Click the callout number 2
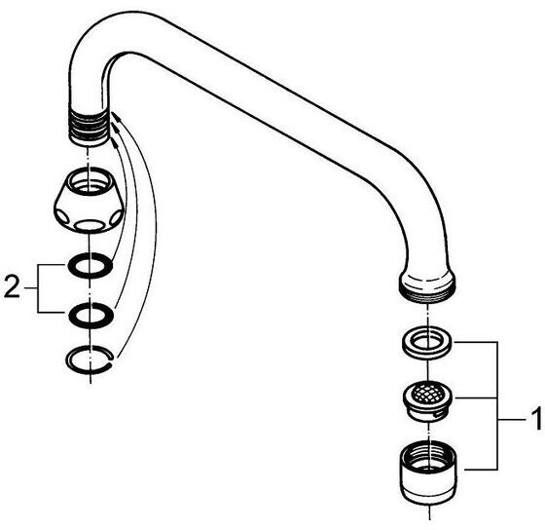pyautogui.click(x=12, y=287)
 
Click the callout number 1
pyautogui.click(x=535, y=420)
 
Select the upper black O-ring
pyautogui.click(x=91, y=266)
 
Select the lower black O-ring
pyautogui.click(x=91, y=316)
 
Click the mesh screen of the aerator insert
pyautogui.click(x=428, y=395)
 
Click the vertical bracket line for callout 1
pyautogui.click(x=497, y=405)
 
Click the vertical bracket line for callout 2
pyautogui.click(x=38, y=288)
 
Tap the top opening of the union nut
pyautogui.click(x=90, y=181)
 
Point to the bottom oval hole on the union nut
pyautogui.click(x=89, y=226)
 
